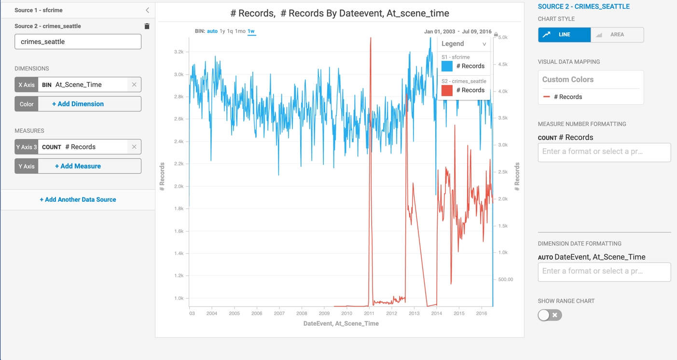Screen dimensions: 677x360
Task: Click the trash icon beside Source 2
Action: pos(147,26)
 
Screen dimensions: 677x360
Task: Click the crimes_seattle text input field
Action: pos(78,42)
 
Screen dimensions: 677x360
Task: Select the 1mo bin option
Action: pos(240,31)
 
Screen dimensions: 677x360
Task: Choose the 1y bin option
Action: pos(222,31)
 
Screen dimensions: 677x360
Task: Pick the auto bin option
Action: pos(212,31)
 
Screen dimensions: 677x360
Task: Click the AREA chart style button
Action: pos(617,35)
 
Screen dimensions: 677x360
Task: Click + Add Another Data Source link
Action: pos(78,199)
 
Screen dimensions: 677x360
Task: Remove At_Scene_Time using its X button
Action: pos(134,84)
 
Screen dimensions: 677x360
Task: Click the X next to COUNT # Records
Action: pos(134,147)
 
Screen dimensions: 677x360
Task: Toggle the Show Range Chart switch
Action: pos(550,315)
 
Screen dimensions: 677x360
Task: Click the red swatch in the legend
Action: pos(447,90)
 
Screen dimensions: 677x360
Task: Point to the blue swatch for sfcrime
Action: pos(447,66)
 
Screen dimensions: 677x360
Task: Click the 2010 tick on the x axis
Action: pos(346,314)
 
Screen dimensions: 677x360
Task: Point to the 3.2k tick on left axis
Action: pos(179,52)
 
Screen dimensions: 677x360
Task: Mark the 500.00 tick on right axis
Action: pos(506,279)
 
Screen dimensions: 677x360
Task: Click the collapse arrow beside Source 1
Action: pos(147,10)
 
